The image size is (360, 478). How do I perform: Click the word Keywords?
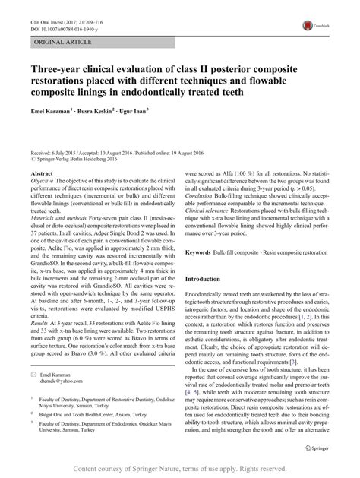(200, 229)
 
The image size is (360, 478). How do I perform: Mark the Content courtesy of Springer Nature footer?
(179, 468)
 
